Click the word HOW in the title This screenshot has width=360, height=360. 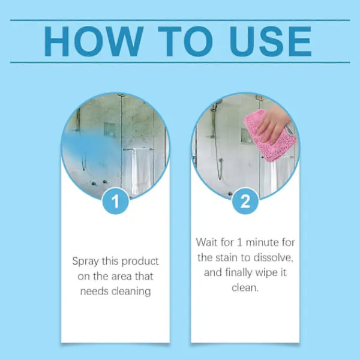[94, 41]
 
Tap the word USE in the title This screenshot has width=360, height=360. [271, 41]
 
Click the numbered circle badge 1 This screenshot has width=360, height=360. [115, 201]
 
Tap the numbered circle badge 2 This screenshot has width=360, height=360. [245, 201]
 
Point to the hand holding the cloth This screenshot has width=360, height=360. [273, 124]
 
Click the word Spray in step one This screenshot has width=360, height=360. [85, 261]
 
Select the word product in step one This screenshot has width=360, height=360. [140, 261]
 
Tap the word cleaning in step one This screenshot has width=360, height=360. [131, 292]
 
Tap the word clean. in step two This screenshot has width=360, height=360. [245, 287]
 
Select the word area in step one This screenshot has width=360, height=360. [122, 277]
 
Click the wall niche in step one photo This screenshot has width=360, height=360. [109, 130]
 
